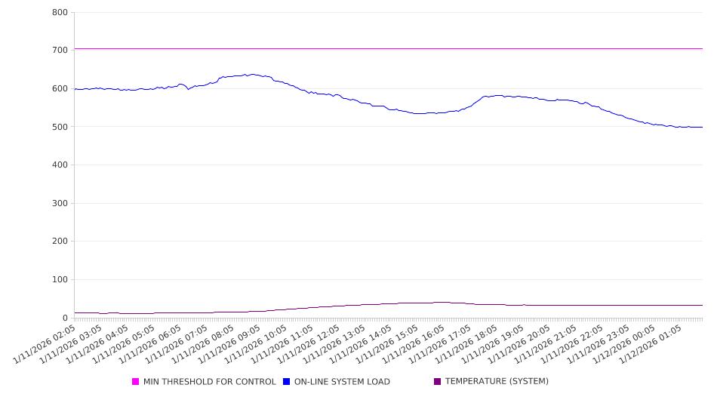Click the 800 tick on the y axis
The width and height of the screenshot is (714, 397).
(60, 13)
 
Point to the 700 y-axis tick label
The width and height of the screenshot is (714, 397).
(60, 51)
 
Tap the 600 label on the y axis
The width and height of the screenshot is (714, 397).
(60, 89)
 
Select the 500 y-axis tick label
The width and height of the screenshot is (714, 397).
(60, 127)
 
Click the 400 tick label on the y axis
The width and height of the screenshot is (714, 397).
(60, 165)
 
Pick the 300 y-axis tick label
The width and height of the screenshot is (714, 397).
(60, 204)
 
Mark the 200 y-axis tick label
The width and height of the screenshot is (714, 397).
(60, 242)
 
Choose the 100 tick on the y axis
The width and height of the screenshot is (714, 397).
(60, 280)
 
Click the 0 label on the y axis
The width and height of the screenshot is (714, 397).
(65, 318)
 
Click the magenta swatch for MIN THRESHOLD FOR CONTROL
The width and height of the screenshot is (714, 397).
(136, 382)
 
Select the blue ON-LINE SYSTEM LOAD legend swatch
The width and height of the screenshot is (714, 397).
(287, 382)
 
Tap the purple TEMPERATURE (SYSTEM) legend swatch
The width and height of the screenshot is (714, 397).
(438, 382)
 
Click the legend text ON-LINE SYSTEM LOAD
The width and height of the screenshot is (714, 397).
(342, 382)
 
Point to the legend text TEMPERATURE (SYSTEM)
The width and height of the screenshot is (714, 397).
(497, 382)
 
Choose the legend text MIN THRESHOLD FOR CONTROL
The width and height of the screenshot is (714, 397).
(210, 382)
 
